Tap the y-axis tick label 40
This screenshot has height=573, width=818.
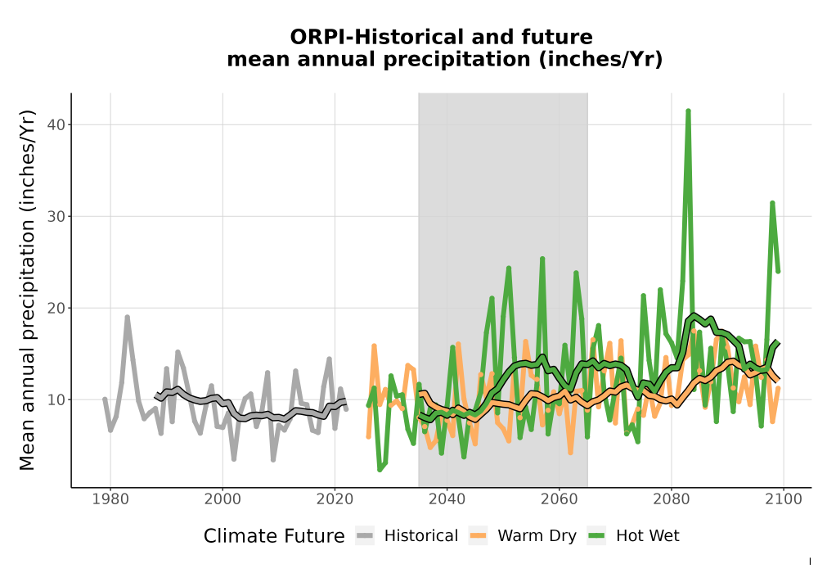pos(57,124)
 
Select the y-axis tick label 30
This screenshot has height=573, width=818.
pos(57,217)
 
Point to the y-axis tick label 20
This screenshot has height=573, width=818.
pos(57,308)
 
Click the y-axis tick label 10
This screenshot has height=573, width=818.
pos(57,399)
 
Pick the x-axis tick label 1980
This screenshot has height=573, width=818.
pos(110,499)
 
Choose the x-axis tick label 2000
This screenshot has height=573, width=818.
pos(222,499)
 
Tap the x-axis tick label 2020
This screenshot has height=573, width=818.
pos(335,499)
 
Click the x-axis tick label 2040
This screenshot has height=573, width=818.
pos(447,499)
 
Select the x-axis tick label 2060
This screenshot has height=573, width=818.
pos(560,499)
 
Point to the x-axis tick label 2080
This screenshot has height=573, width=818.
pos(672,499)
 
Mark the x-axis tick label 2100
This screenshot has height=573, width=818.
pos(784,499)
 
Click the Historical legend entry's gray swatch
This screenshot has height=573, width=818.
pos(365,536)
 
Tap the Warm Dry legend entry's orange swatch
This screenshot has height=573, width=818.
pos(478,536)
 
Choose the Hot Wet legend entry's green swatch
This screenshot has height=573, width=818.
pos(596,536)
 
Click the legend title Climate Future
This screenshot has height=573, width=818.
pos(274,536)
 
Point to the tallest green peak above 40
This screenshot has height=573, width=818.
pos(688,111)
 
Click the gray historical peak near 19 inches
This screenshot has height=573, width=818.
pos(127,318)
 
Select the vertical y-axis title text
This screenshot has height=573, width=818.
pos(27,290)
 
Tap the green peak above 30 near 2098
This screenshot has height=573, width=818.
pos(772,203)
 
